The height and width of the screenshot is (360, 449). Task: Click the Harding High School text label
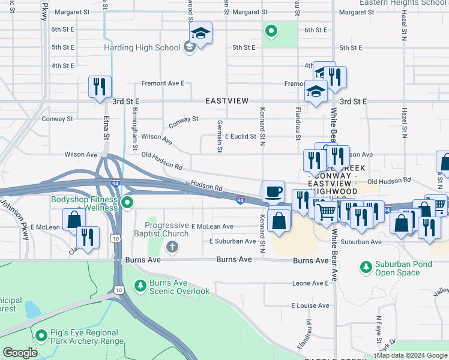pos(142,47)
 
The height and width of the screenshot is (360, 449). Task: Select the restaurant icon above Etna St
pos(99,86)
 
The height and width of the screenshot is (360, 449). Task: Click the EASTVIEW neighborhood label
pos(226,101)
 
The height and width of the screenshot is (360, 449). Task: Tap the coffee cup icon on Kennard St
pos(274,191)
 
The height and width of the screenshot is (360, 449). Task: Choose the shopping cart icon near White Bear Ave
pos(326,211)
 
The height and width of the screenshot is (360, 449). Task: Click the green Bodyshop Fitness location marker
pos(127,203)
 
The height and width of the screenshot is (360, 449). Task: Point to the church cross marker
pos(172,247)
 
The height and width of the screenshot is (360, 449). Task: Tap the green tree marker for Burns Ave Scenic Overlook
pos(140,285)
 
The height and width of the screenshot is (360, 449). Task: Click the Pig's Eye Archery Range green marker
pos(41,335)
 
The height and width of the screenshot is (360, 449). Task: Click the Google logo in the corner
pos(20,353)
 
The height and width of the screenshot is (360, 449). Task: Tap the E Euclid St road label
pos(241,137)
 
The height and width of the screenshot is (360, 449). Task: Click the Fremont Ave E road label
pos(163,83)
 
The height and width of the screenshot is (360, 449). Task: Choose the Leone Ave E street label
pos(310,283)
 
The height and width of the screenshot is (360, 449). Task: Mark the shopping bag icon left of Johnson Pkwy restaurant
pos(73,220)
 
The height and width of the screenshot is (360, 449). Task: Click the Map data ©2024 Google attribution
pos(412,355)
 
